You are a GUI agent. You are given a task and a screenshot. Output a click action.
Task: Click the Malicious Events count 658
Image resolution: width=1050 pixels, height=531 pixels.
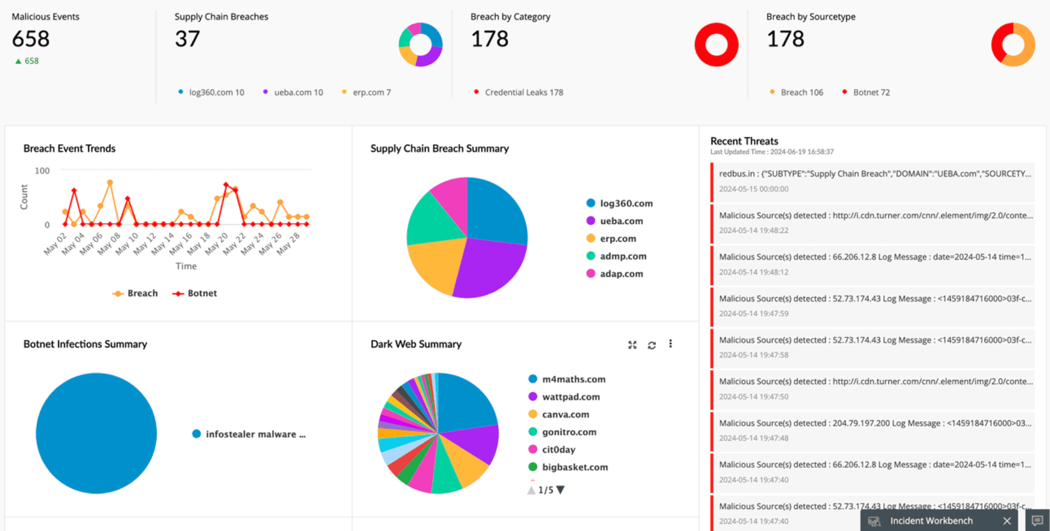[x=31, y=39]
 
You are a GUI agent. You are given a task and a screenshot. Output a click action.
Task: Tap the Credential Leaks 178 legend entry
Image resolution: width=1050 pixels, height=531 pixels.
[x=523, y=92]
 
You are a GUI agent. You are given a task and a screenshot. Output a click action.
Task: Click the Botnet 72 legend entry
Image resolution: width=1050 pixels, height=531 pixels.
[x=871, y=92]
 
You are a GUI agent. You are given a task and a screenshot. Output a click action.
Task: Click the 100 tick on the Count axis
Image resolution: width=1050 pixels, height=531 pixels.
[x=42, y=170]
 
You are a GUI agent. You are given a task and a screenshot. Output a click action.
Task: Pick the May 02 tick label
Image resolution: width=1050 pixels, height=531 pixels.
[x=55, y=243]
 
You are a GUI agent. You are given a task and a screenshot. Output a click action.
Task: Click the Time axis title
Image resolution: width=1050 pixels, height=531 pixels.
[x=186, y=266]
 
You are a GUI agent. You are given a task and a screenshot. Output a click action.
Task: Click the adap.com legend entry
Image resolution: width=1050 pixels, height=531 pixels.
[x=621, y=274]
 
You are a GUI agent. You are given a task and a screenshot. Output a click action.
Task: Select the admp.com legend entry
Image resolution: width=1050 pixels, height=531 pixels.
[x=623, y=256]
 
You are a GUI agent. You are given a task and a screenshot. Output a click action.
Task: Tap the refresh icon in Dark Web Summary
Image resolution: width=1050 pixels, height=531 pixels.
[x=652, y=345]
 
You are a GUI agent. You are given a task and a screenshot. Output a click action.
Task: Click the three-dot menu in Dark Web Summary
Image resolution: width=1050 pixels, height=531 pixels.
[x=671, y=344]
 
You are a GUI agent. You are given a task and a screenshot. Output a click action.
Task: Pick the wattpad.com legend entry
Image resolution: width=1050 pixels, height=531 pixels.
[x=570, y=397]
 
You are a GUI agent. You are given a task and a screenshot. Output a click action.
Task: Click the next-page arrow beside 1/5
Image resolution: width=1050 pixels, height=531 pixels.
[x=561, y=490]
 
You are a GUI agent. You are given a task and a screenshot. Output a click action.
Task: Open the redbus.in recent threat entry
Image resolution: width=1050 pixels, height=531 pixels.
[x=874, y=181]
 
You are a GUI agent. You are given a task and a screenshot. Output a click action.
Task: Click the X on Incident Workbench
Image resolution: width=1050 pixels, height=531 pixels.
[x=1007, y=521]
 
